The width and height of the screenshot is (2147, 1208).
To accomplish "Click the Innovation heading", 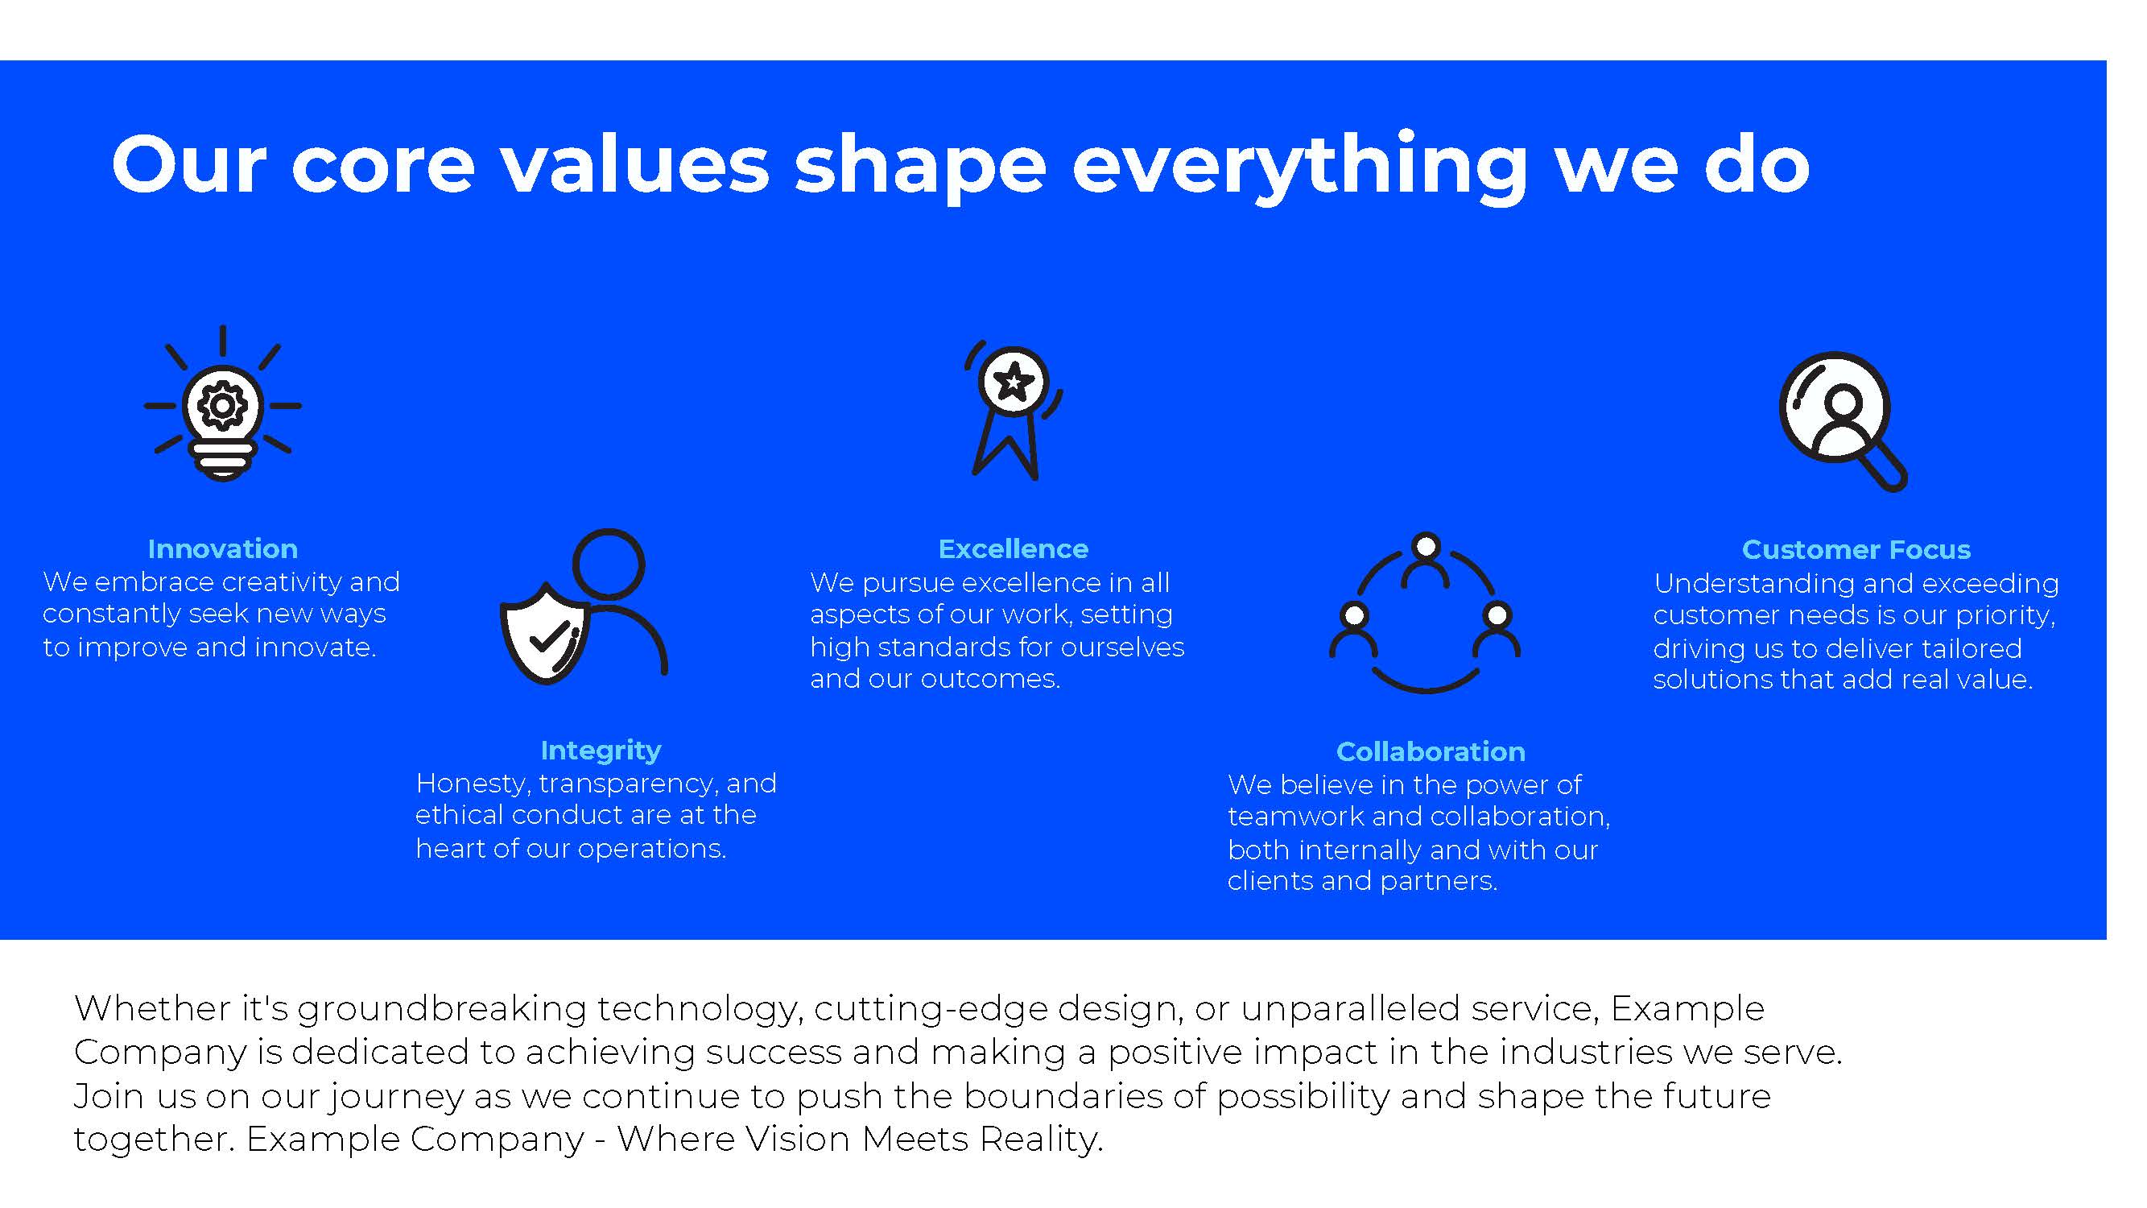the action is pyautogui.click(x=222, y=548).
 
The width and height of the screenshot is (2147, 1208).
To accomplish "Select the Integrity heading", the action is pyautogui.click(x=601, y=751).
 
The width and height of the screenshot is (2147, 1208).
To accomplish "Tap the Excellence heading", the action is pyautogui.click(x=1014, y=548).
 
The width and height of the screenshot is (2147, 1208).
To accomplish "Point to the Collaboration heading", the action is pyautogui.click(x=1431, y=751).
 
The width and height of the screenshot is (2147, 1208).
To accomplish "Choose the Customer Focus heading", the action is pyautogui.click(x=1856, y=549).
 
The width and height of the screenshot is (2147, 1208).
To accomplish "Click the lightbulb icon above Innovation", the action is pyautogui.click(x=222, y=403).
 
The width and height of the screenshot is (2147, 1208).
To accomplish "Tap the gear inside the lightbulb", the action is pyautogui.click(x=221, y=406).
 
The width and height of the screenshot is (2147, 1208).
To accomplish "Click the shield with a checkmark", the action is pyautogui.click(x=545, y=634).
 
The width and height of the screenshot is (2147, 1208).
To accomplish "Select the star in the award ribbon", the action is pyautogui.click(x=1014, y=383).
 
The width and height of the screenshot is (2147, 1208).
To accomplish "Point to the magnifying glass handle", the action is pyautogui.click(x=1882, y=467).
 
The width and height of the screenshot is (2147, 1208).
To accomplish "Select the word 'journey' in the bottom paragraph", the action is pyautogui.click(x=398, y=1097).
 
